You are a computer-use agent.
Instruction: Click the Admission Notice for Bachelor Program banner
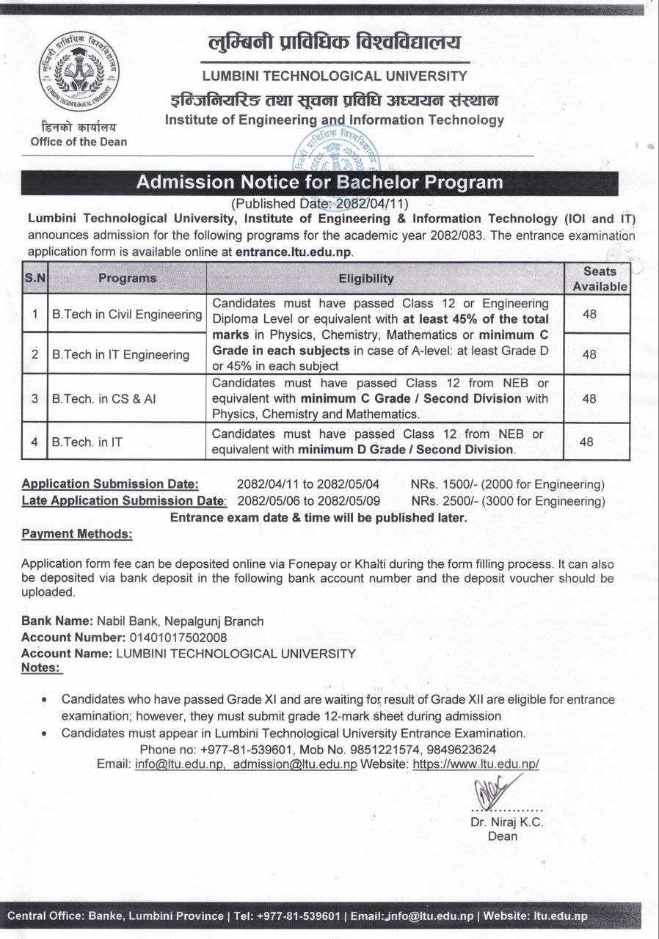pyautogui.click(x=320, y=183)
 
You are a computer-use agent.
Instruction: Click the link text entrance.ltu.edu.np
pyautogui.click(x=294, y=251)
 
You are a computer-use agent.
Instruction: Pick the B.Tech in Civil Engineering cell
pyautogui.click(x=127, y=315)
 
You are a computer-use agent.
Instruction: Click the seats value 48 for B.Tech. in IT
pyautogui.click(x=586, y=442)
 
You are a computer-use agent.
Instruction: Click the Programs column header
pyautogui.click(x=127, y=279)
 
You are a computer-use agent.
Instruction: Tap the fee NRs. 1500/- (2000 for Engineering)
pyautogui.click(x=507, y=484)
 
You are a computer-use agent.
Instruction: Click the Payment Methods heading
pyautogui.click(x=77, y=535)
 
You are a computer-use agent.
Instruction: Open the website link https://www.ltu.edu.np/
pyautogui.click(x=476, y=764)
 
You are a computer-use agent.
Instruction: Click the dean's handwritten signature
pyautogui.click(x=494, y=793)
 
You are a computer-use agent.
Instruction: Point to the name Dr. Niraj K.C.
pyautogui.click(x=506, y=822)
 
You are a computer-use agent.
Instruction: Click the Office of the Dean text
pyautogui.click(x=79, y=142)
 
